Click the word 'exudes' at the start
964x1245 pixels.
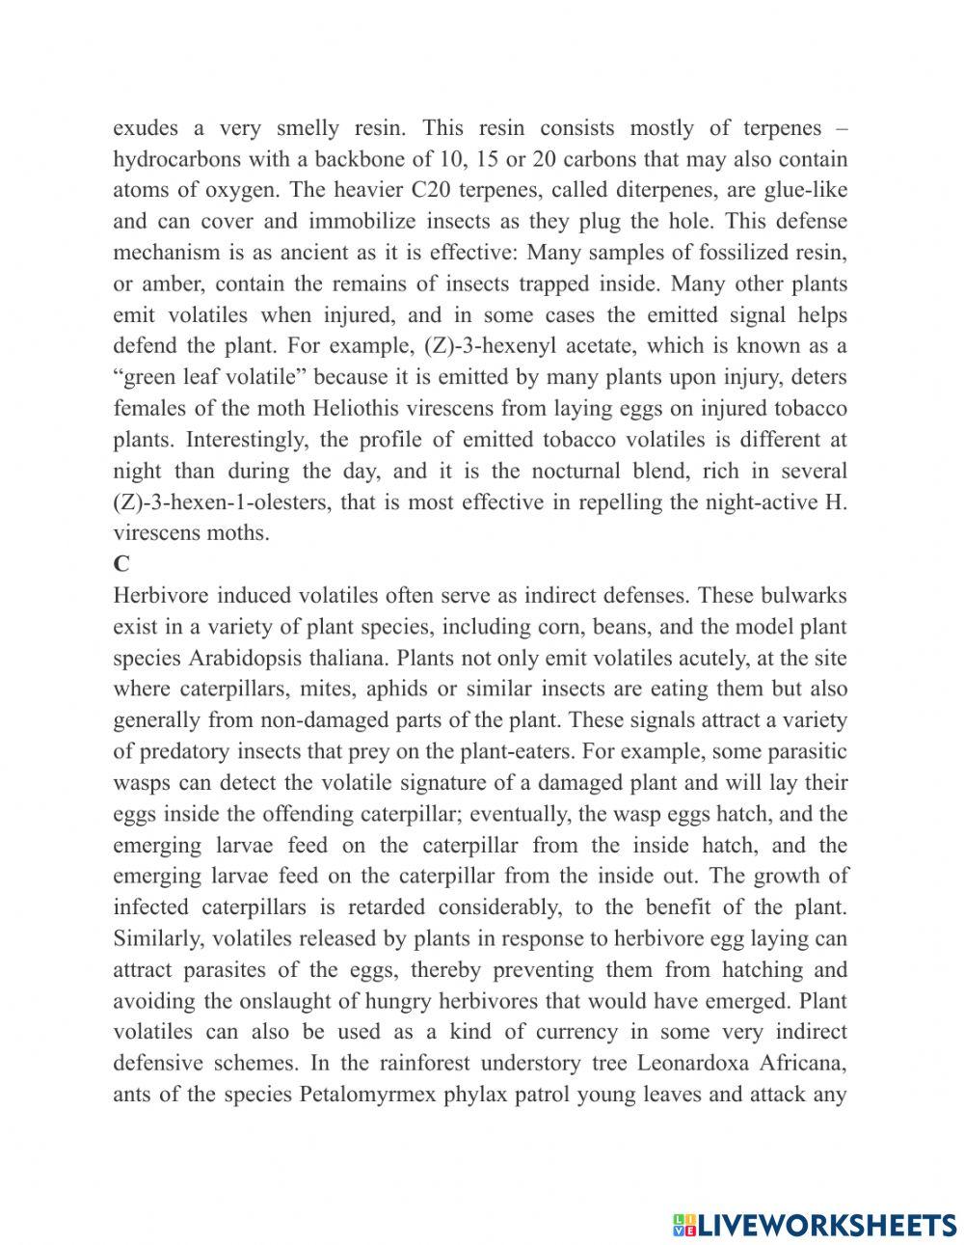145,128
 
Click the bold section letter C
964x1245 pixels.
120,564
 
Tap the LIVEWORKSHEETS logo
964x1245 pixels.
814,1224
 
